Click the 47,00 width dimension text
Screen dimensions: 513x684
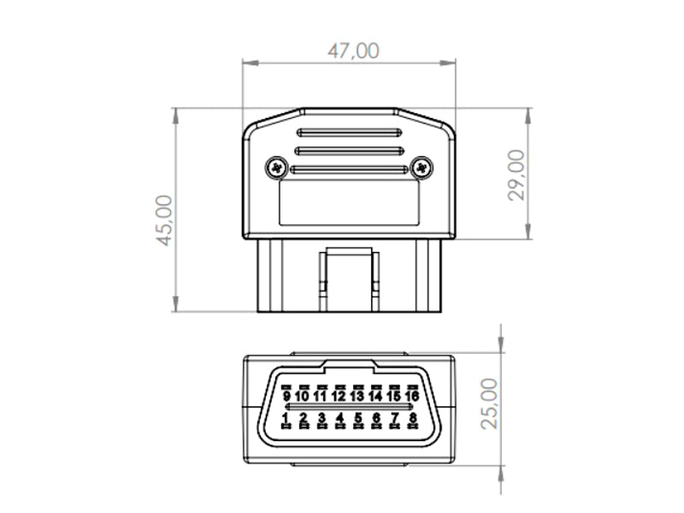[x=353, y=51]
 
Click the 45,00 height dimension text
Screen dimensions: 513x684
[x=165, y=220]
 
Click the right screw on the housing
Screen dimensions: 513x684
[x=421, y=167]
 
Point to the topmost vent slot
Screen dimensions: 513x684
[x=348, y=133]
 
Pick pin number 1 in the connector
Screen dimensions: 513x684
[x=285, y=419]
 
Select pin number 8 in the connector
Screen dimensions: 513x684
[x=413, y=419]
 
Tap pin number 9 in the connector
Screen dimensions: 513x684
[x=285, y=395]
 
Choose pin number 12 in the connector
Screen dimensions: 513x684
[x=339, y=395]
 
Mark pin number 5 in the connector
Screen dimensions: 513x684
[x=358, y=419]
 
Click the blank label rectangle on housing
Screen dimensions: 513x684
[x=348, y=205]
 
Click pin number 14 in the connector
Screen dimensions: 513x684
[x=375, y=395]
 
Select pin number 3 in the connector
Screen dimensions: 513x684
[x=321, y=419]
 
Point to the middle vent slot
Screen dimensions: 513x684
[x=348, y=151]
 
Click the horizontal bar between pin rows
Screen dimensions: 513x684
[x=348, y=407]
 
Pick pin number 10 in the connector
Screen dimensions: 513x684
[x=303, y=395]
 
